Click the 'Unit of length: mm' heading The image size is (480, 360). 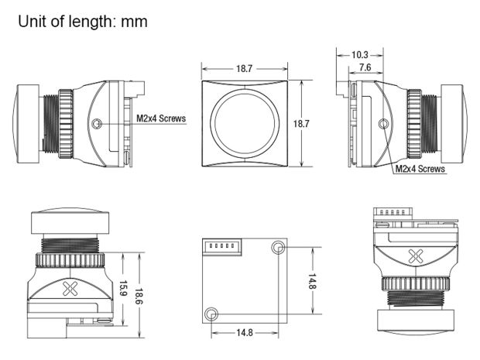83,22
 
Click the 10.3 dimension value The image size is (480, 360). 360,55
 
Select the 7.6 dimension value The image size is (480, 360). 365,67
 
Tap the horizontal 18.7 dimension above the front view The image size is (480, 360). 244,69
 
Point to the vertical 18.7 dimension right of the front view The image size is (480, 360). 301,124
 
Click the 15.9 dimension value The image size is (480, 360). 123,288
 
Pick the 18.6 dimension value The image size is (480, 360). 139,296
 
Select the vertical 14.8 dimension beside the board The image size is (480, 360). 312,282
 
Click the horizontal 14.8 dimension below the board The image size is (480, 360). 245,332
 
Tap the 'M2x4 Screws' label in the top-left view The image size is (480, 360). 161,118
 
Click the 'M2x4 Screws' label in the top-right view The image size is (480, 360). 420,169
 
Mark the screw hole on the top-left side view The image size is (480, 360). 97,124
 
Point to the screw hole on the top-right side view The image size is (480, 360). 383,124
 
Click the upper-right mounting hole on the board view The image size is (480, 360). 278,247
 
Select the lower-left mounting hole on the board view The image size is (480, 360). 211,314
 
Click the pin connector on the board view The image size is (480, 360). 222,245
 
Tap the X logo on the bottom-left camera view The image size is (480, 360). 70,288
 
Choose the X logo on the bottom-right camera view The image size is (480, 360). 416,256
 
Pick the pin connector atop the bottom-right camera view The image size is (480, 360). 393,212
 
